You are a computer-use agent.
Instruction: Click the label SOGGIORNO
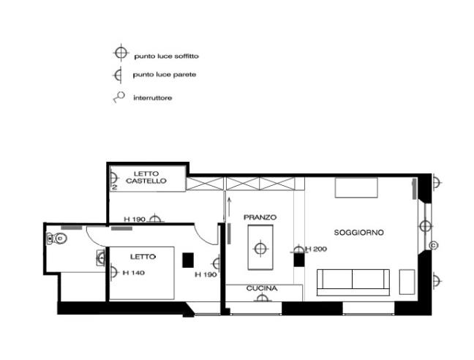point(359,232)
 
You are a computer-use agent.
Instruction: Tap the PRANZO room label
point(260,217)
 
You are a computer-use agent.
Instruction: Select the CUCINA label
point(261,289)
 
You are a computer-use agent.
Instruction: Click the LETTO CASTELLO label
point(146,176)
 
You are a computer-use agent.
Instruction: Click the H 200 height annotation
point(316,250)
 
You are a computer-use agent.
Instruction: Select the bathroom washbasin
point(100,257)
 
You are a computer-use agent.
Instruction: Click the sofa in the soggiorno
point(353,281)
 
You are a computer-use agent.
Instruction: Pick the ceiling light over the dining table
point(260,248)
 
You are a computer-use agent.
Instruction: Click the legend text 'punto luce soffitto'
point(167,56)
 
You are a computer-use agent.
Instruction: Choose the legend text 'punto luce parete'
point(164,75)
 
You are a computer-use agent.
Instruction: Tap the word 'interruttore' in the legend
point(153,97)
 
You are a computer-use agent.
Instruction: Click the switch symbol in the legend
point(117,97)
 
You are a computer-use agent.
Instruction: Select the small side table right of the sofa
point(407,282)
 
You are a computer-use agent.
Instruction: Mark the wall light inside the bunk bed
point(115,178)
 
